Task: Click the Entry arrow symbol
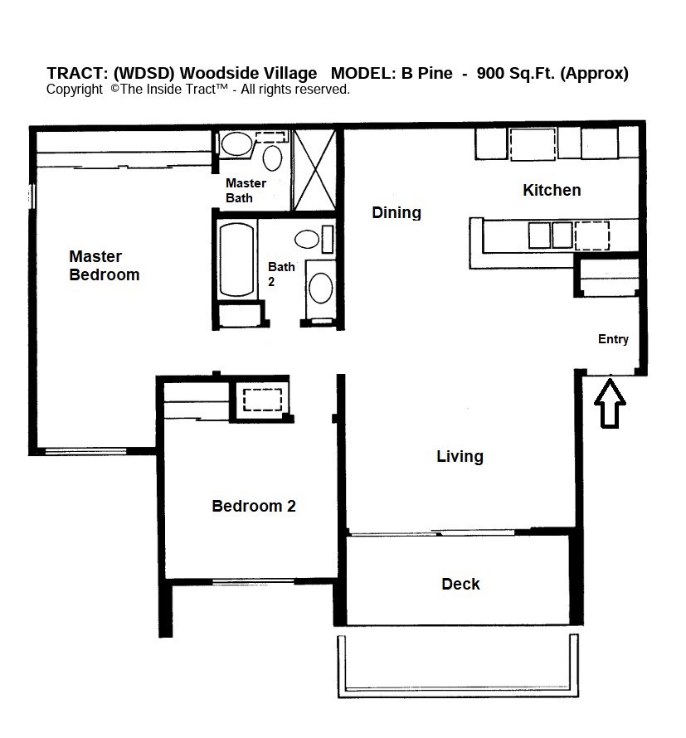(x=611, y=404)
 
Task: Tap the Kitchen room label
(x=551, y=190)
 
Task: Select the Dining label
(x=396, y=212)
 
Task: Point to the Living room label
(x=460, y=456)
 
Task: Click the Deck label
(x=460, y=584)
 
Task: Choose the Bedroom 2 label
(x=253, y=506)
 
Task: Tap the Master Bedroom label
(x=104, y=265)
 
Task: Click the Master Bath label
(x=246, y=190)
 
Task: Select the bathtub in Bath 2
(x=236, y=259)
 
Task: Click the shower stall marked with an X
(x=314, y=169)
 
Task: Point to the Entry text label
(x=613, y=339)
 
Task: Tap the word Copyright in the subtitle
(x=74, y=90)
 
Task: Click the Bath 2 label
(x=280, y=274)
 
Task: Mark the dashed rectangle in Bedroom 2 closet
(x=263, y=399)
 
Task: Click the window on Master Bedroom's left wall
(x=32, y=196)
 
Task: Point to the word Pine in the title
(x=435, y=73)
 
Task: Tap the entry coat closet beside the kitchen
(x=608, y=276)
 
